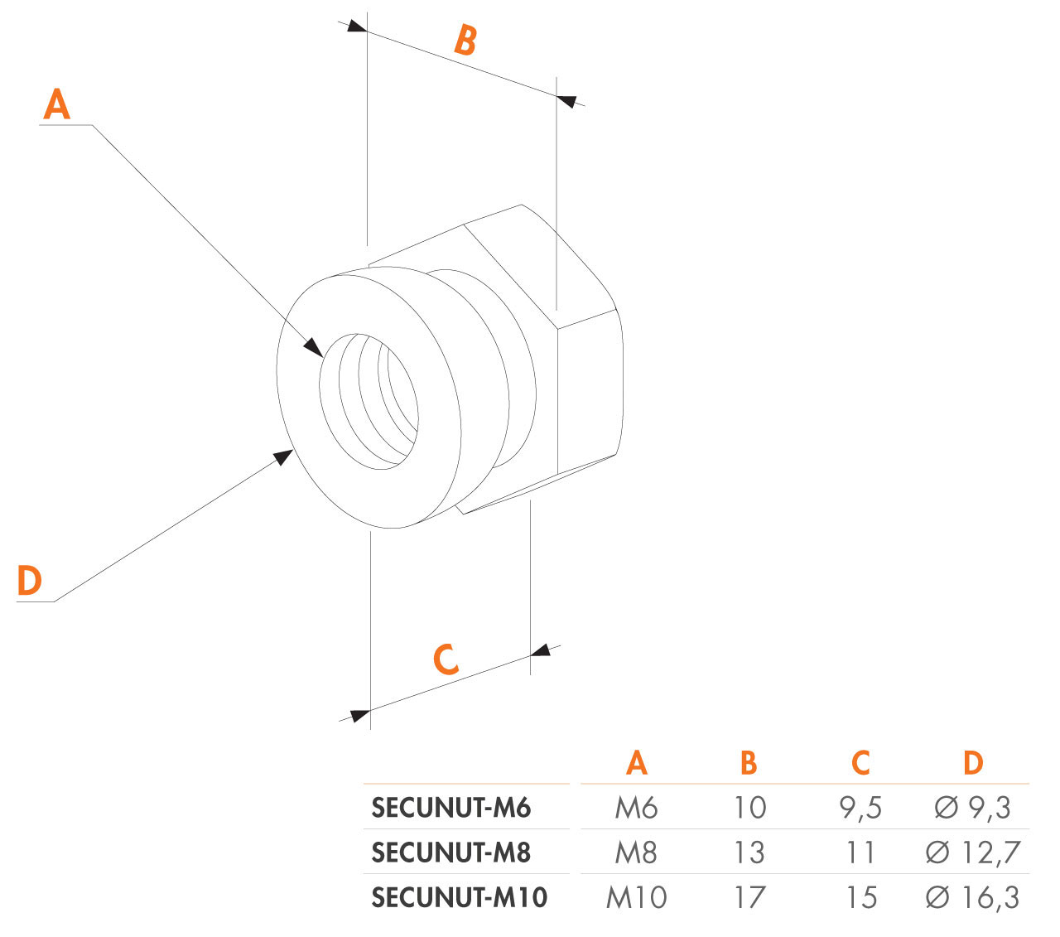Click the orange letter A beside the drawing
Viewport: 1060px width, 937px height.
click(56, 105)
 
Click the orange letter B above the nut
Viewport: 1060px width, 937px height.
click(465, 40)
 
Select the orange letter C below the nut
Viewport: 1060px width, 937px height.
click(446, 659)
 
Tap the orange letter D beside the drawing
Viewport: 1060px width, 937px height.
click(29, 581)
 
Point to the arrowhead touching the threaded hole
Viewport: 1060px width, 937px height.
click(314, 347)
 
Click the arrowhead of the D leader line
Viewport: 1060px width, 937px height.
click(283, 456)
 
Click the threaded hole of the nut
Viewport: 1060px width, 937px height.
click(369, 403)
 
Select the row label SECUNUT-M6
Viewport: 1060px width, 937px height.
click(450, 808)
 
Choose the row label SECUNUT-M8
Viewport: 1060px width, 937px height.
click(450, 852)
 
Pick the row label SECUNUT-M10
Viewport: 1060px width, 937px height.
click(459, 897)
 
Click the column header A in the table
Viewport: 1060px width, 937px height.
click(636, 763)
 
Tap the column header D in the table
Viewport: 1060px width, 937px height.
click(973, 763)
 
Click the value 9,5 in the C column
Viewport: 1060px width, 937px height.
click(860, 808)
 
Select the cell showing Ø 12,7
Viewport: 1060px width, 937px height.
click(972, 852)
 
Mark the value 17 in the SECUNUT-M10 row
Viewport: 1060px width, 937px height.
click(749, 897)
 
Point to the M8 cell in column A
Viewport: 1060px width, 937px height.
click(636, 852)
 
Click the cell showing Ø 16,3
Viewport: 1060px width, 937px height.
click(972, 897)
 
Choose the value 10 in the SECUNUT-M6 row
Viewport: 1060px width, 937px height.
click(749, 808)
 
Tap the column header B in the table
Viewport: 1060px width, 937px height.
click(749, 763)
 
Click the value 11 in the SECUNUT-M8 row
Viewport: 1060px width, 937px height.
click(860, 852)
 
